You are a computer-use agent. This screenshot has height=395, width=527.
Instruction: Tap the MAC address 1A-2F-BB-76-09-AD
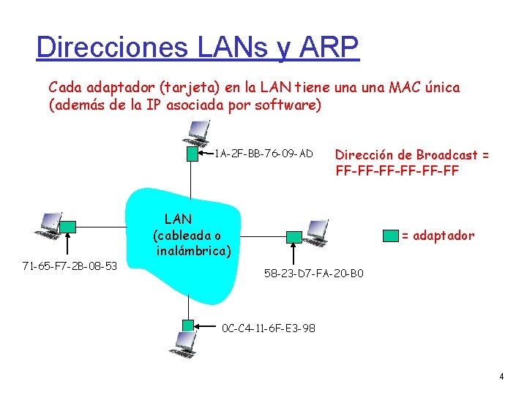click(x=263, y=154)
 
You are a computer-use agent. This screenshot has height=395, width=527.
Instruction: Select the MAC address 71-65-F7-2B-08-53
click(x=70, y=265)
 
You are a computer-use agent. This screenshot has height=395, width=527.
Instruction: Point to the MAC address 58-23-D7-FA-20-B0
click(x=313, y=274)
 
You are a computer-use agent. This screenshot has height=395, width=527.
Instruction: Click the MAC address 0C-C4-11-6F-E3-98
click(x=268, y=328)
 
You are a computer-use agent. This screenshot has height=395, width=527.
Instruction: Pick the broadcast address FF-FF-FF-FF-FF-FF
click(x=397, y=172)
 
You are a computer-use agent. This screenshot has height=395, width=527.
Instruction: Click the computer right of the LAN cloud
click(x=316, y=233)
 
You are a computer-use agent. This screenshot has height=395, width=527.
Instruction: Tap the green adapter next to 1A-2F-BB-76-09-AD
click(x=192, y=154)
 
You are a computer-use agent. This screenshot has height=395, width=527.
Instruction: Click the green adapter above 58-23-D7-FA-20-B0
click(x=294, y=236)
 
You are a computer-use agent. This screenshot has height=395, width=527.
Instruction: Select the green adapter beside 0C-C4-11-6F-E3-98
click(x=188, y=325)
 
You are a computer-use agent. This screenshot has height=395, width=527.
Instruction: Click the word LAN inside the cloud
click(x=178, y=219)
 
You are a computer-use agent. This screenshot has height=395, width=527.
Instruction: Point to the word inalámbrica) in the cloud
click(x=193, y=252)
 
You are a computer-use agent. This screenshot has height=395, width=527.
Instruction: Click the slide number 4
click(x=501, y=377)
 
